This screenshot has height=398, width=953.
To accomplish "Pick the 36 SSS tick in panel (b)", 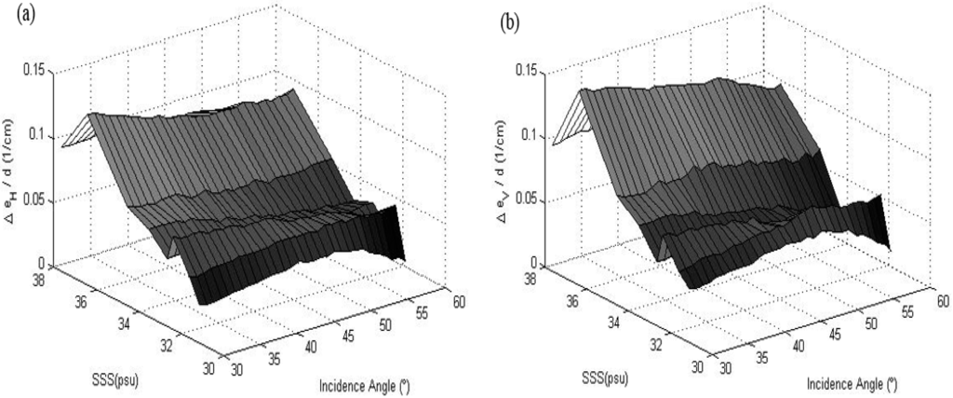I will tap(572, 300).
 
